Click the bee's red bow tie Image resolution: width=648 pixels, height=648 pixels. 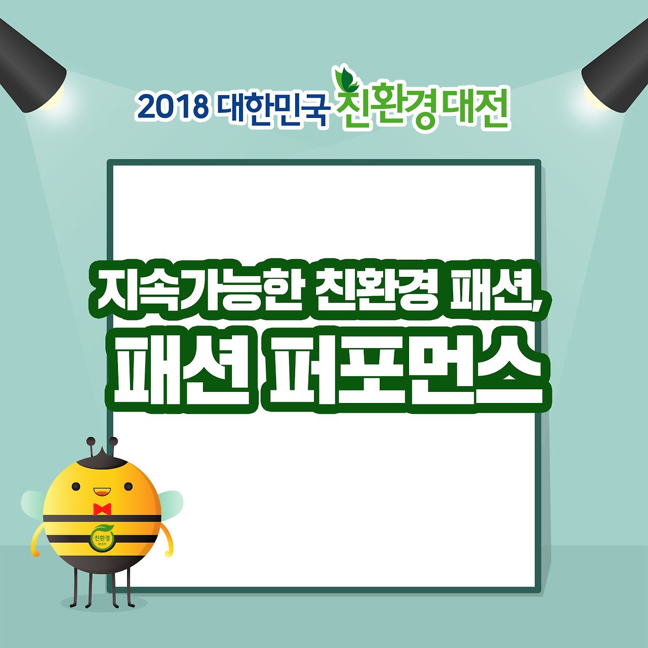(102, 508)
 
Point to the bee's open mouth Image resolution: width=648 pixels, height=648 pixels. (102, 491)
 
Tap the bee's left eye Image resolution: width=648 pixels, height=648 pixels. (76, 487)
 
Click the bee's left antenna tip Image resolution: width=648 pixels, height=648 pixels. (91, 441)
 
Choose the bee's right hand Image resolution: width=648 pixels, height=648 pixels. (168, 554)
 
